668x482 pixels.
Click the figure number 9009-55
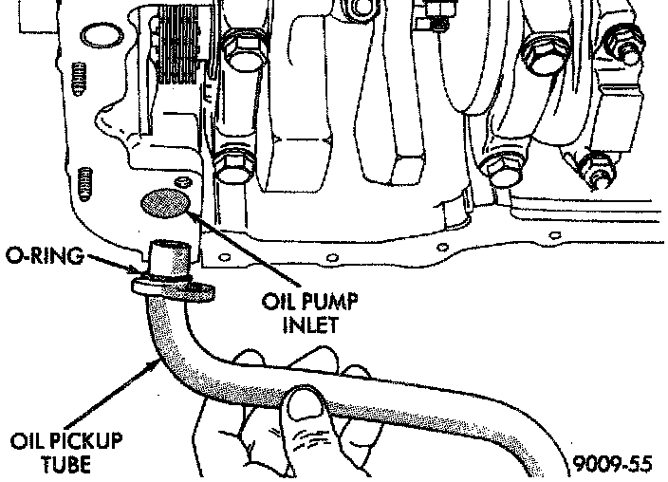click(x=613, y=465)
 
